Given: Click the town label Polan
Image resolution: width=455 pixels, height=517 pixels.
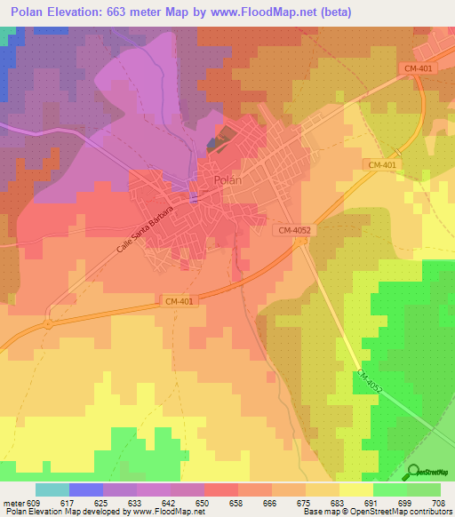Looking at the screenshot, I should click(x=227, y=180).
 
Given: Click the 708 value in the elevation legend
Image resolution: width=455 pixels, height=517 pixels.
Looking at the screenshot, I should click(x=438, y=503).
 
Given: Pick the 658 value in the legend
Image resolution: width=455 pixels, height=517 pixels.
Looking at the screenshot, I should click(x=235, y=503).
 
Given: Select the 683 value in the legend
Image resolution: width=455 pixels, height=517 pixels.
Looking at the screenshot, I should click(x=336, y=503).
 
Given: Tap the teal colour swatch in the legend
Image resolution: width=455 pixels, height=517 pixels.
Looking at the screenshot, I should click(x=52, y=489).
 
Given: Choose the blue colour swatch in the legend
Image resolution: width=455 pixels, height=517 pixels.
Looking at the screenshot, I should click(x=85, y=489).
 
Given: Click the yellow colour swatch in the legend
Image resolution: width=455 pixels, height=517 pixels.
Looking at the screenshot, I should click(x=355, y=489).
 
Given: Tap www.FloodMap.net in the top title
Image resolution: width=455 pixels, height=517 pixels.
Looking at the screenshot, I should click(x=268, y=12).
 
